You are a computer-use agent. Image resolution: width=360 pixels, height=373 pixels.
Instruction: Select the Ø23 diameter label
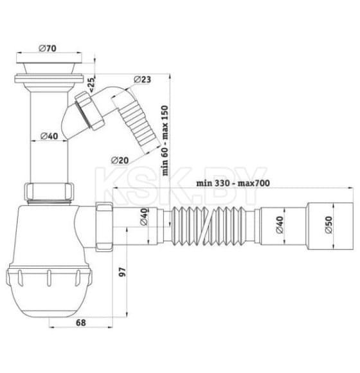(x=143, y=79)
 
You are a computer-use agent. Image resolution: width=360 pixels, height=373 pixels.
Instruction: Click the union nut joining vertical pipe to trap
(x=50, y=192)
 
